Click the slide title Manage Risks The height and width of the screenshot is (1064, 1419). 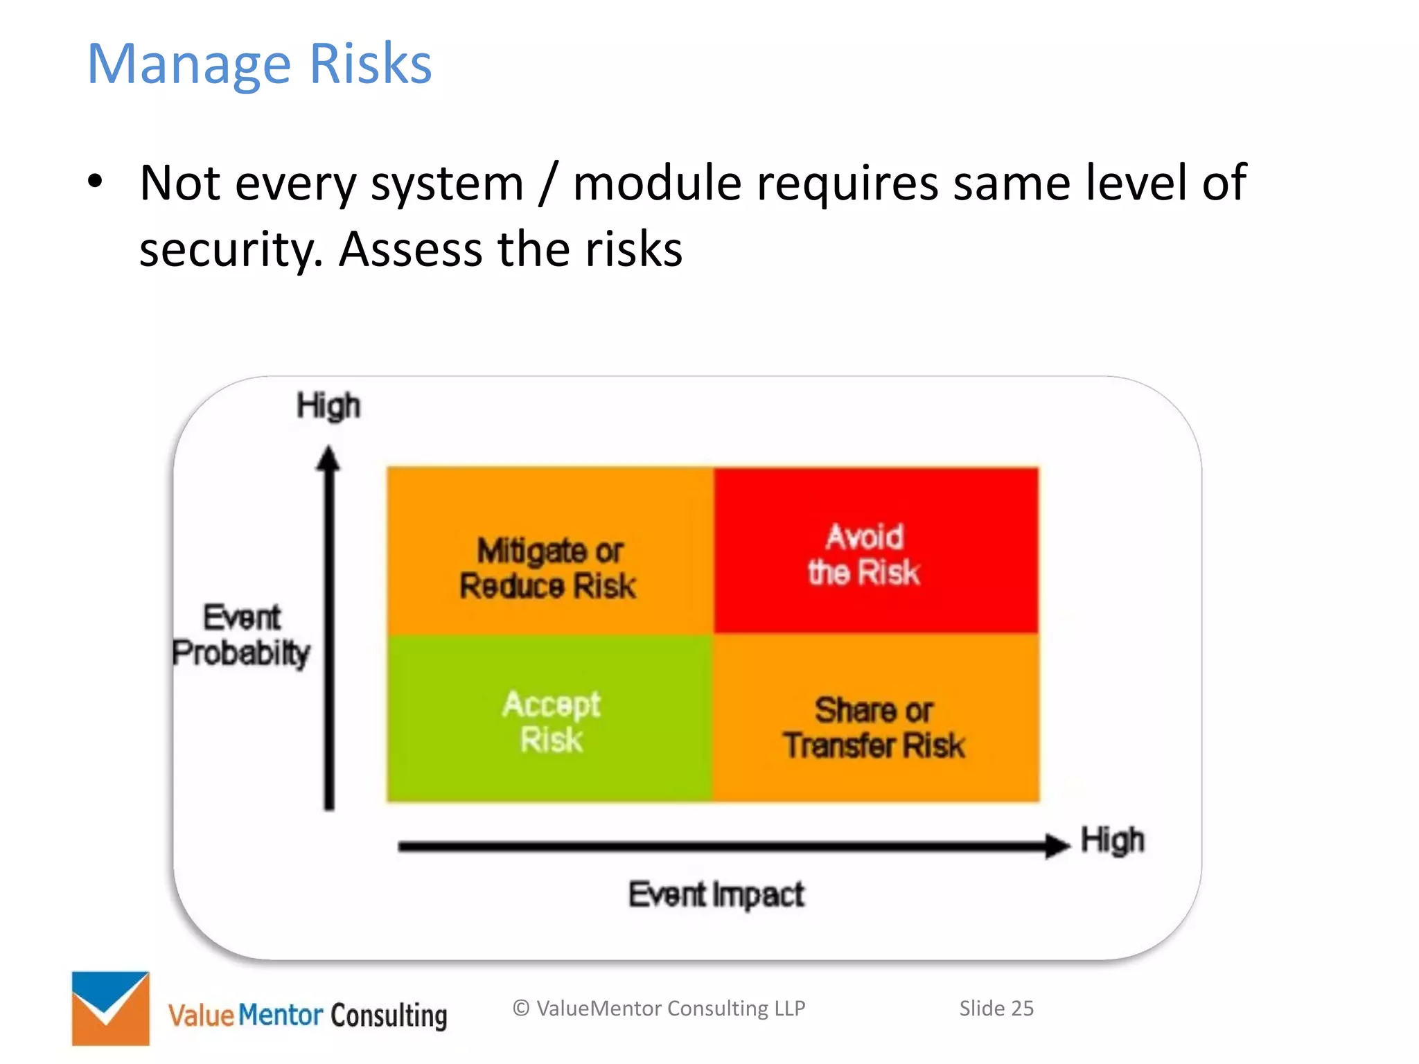(x=259, y=64)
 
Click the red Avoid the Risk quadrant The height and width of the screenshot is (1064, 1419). (x=876, y=551)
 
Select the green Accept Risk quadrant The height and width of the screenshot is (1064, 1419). (x=550, y=719)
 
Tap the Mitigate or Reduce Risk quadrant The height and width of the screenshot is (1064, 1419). (x=550, y=551)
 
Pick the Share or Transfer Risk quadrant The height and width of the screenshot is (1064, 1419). (x=876, y=719)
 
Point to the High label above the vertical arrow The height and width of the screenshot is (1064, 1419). (x=328, y=405)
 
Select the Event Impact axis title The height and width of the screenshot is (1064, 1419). (x=716, y=894)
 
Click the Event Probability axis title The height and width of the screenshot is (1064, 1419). (x=242, y=635)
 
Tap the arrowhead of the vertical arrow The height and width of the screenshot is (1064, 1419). (x=329, y=459)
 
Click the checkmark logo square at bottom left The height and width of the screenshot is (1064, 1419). (x=111, y=1008)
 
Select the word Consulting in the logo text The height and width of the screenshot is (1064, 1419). (x=389, y=1016)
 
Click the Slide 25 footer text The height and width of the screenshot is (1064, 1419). (x=996, y=1008)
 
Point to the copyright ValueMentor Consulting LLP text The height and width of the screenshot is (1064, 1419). (x=659, y=1008)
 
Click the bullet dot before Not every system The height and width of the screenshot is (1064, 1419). (x=95, y=183)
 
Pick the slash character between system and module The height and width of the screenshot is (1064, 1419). (x=549, y=184)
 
